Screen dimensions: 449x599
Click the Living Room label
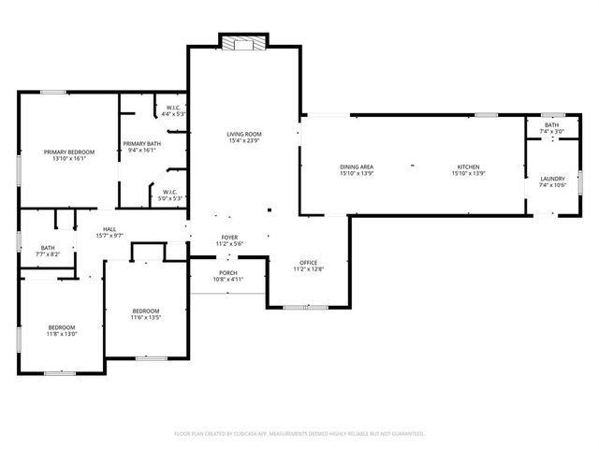click(243, 135)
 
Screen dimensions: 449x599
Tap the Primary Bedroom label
click(69, 152)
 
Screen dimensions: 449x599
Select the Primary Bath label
click(142, 143)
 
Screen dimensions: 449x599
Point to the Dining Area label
click(356, 167)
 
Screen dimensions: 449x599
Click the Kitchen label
click(468, 167)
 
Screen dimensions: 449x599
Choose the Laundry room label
click(552, 178)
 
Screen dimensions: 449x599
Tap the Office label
click(309, 262)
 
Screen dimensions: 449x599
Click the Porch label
click(228, 272)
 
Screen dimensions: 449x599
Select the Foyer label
click(229, 238)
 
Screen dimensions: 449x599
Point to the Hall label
click(110, 229)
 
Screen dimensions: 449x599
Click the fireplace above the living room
click(242, 41)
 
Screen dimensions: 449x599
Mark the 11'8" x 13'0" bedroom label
click(62, 326)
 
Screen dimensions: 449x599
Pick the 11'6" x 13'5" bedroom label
click(145, 311)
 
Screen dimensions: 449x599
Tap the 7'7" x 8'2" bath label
click(22, 248)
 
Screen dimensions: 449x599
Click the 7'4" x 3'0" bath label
click(552, 125)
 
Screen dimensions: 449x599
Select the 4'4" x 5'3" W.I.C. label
click(174, 108)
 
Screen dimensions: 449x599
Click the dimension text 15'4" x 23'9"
click(243, 141)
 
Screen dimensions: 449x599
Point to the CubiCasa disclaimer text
click(299, 433)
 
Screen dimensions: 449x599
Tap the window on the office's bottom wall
click(299, 307)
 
